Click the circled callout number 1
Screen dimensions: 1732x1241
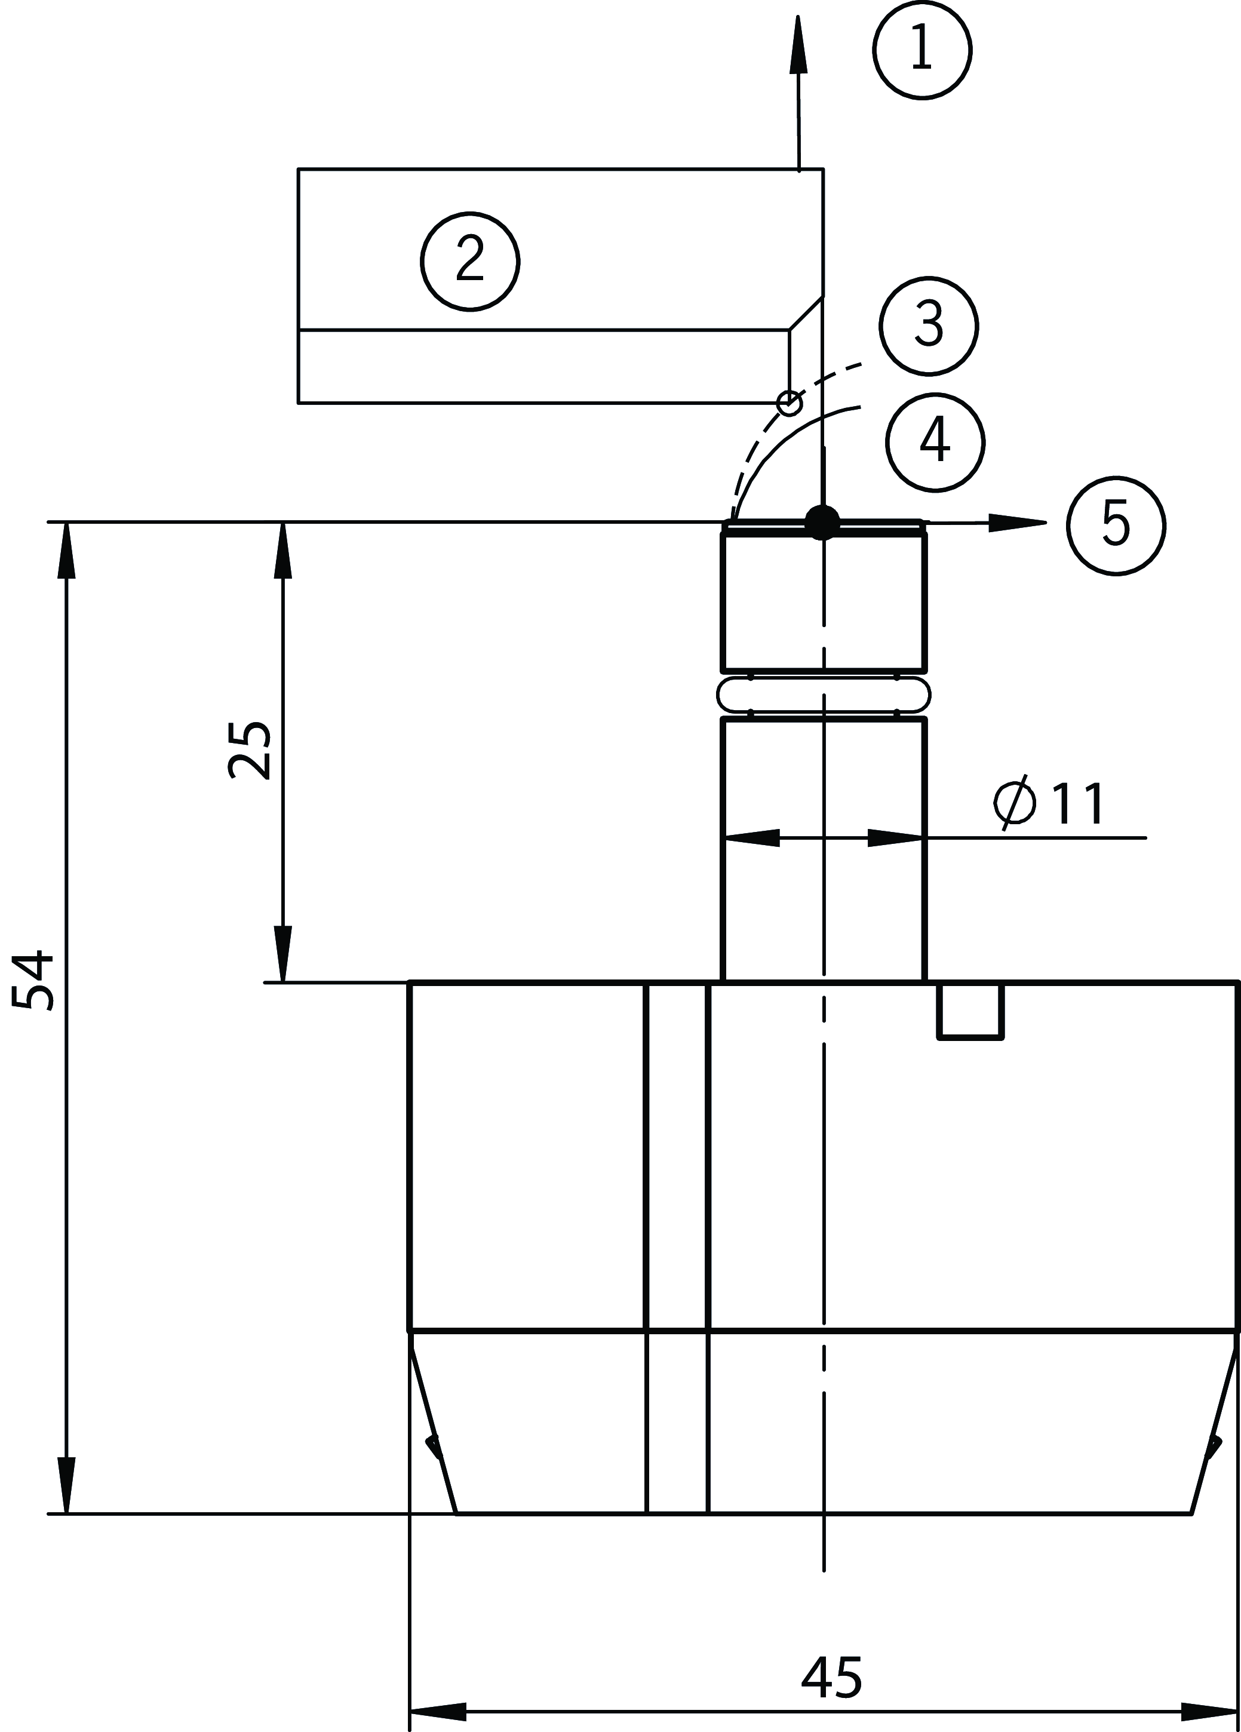click(x=921, y=50)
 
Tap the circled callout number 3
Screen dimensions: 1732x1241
click(x=928, y=326)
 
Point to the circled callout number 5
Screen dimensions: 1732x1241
click(x=1115, y=526)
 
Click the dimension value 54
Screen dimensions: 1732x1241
click(x=35, y=981)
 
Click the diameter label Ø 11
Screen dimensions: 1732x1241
click(x=1049, y=804)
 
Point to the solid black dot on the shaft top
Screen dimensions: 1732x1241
click(x=822, y=523)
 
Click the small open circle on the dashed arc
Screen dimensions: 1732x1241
click(x=790, y=403)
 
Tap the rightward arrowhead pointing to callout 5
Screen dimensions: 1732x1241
click(x=1017, y=523)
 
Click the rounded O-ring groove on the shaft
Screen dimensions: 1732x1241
click(x=824, y=694)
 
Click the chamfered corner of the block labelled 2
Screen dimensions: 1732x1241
click(x=806, y=313)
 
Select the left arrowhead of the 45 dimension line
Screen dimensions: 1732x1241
click(x=438, y=1711)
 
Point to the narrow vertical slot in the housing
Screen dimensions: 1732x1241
click(x=677, y=1245)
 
